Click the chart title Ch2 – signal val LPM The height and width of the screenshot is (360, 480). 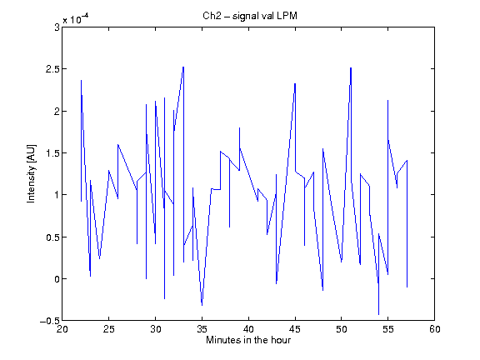coord(250,16)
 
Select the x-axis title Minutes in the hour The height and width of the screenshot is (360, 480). coord(248,340)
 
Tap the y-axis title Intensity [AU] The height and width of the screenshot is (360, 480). coord(31,173)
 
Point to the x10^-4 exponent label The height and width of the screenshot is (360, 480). coord(76,19)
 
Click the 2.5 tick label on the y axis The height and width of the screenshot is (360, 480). coord(52,69)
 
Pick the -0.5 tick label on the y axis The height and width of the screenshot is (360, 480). coord(50,321)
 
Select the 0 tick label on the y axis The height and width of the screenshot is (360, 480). coord(57,279)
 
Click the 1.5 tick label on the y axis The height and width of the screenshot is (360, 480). coord(52,153)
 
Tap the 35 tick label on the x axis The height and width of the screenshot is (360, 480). coord(202,329)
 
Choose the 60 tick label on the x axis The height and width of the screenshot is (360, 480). coord(435,329)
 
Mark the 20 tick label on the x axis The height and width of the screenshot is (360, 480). coord(62,329)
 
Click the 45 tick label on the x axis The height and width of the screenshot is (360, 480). coord(295,329)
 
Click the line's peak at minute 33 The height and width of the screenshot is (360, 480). coord(183,67)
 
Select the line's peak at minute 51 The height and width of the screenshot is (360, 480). coord(351,68)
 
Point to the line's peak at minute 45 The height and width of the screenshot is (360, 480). coord(295,83)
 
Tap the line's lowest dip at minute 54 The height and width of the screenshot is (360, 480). coord(378,314)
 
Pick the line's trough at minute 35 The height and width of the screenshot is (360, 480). coord(202,305)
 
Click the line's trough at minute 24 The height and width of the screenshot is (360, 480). coord(99,258)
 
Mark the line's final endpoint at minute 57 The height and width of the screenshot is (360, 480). coord(407,287)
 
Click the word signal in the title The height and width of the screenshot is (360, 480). coord(246,17)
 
